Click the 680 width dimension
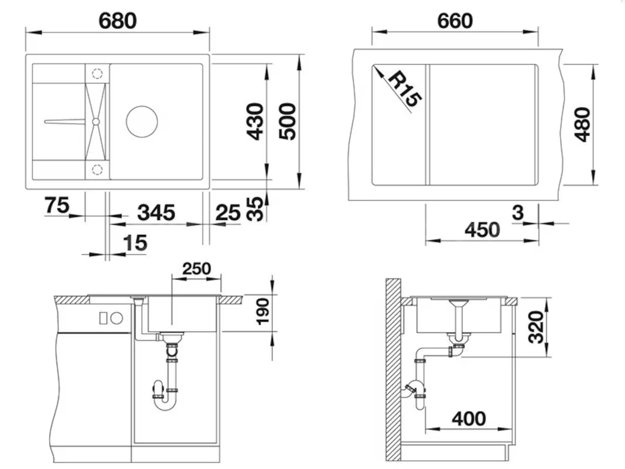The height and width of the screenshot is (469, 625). [117, 21]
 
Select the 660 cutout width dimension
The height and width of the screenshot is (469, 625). [455, 21]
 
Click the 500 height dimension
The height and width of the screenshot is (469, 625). [287, 121]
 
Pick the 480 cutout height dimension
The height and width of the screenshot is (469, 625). [582, 124]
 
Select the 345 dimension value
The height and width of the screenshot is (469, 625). [156, 212]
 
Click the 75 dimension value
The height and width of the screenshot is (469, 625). [57, 205]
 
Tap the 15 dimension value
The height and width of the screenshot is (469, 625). [135, 242]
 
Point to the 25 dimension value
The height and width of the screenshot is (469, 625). [228, 212]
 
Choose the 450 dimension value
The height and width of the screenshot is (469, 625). [482, 230]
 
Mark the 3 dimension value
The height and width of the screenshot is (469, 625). [517, 212]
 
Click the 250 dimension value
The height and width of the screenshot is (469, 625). [196, 269]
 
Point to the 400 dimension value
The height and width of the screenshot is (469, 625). [469, 419]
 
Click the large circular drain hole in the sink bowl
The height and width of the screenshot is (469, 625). [142, 122]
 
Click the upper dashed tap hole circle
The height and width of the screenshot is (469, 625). [97, 73]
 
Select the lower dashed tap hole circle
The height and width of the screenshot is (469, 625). [97, 170]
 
